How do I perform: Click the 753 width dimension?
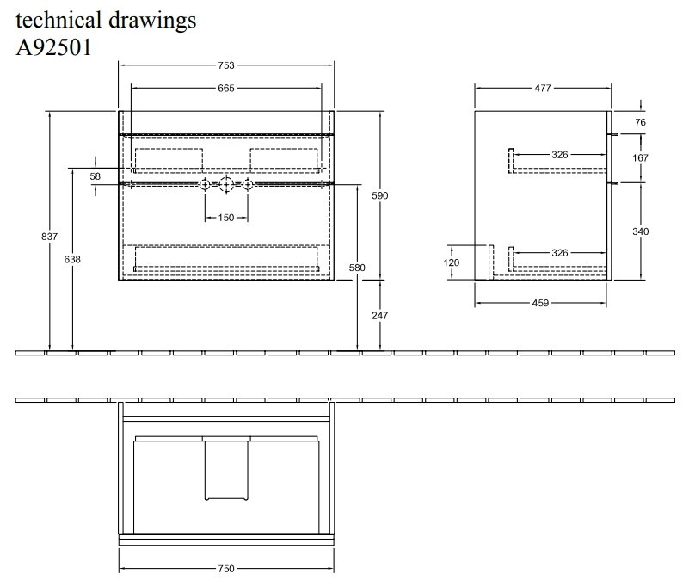225,65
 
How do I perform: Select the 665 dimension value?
225,88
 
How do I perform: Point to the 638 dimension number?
72,260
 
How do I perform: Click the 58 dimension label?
95,176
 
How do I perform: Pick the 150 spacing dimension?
225,218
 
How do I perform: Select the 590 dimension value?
380,196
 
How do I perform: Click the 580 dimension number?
358,268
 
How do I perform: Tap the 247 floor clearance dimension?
380,316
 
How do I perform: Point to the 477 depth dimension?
543,88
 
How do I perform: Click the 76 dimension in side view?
640,123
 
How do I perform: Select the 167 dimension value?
640,158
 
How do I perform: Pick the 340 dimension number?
640,231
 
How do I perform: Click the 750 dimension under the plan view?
225,569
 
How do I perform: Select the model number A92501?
53,46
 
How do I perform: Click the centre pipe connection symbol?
225,184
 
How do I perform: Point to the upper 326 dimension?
560,155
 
